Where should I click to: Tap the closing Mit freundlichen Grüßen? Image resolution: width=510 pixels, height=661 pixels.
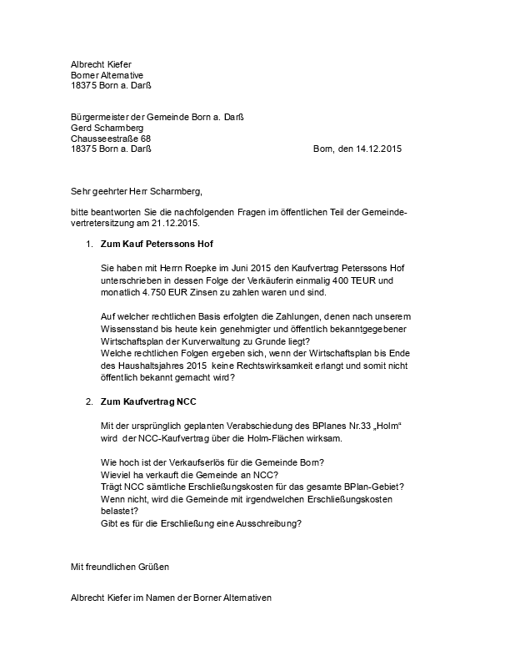tap(120, 567)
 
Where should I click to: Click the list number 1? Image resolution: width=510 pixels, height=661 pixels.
tap(89, 245)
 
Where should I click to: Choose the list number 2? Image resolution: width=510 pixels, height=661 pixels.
tap(89, 401)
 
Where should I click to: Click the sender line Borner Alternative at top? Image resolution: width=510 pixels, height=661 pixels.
tap(107, 74)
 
